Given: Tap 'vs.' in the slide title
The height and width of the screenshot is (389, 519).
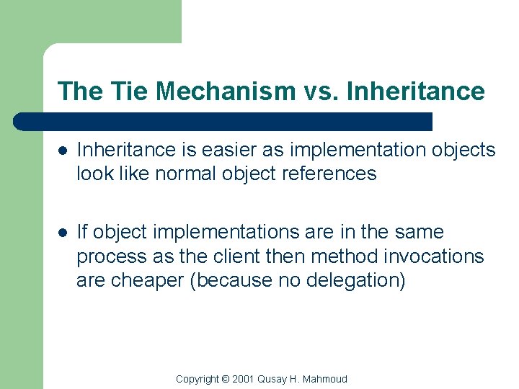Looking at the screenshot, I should (321, 91).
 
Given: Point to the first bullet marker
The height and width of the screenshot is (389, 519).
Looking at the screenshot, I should (63, 151).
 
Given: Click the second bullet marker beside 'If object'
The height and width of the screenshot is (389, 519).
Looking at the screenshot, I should (63, 233).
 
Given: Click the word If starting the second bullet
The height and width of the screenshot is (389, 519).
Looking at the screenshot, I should (82, 232).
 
